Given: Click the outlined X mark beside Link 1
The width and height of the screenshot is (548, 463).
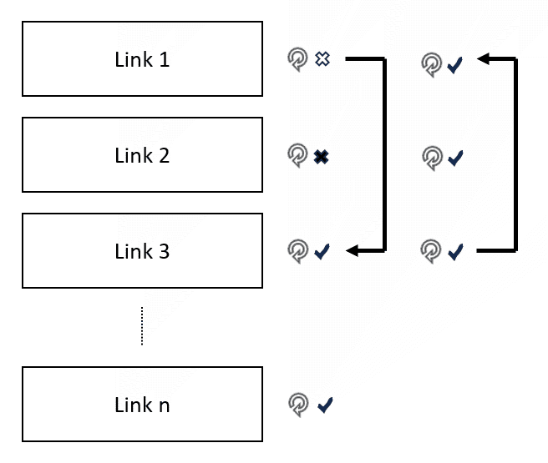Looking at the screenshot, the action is (x=322, y=58).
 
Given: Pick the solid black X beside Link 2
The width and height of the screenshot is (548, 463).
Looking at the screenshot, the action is (x=321, y=157).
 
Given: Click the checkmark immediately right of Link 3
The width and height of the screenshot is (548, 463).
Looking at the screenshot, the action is (x=322, y=252).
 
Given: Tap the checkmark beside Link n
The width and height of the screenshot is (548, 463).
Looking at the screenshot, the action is (x=325, y=405).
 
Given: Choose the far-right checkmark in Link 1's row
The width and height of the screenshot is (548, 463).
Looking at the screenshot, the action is (x=455, y=65).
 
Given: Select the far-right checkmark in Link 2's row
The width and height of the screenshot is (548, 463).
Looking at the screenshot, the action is (x=455, y=158).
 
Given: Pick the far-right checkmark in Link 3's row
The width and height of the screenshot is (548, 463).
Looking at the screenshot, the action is (x=455, y=252).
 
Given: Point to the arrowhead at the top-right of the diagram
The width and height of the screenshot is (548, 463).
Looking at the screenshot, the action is (x=483, y=58).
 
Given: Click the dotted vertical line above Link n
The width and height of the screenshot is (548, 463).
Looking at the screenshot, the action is (x=142, y=326).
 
